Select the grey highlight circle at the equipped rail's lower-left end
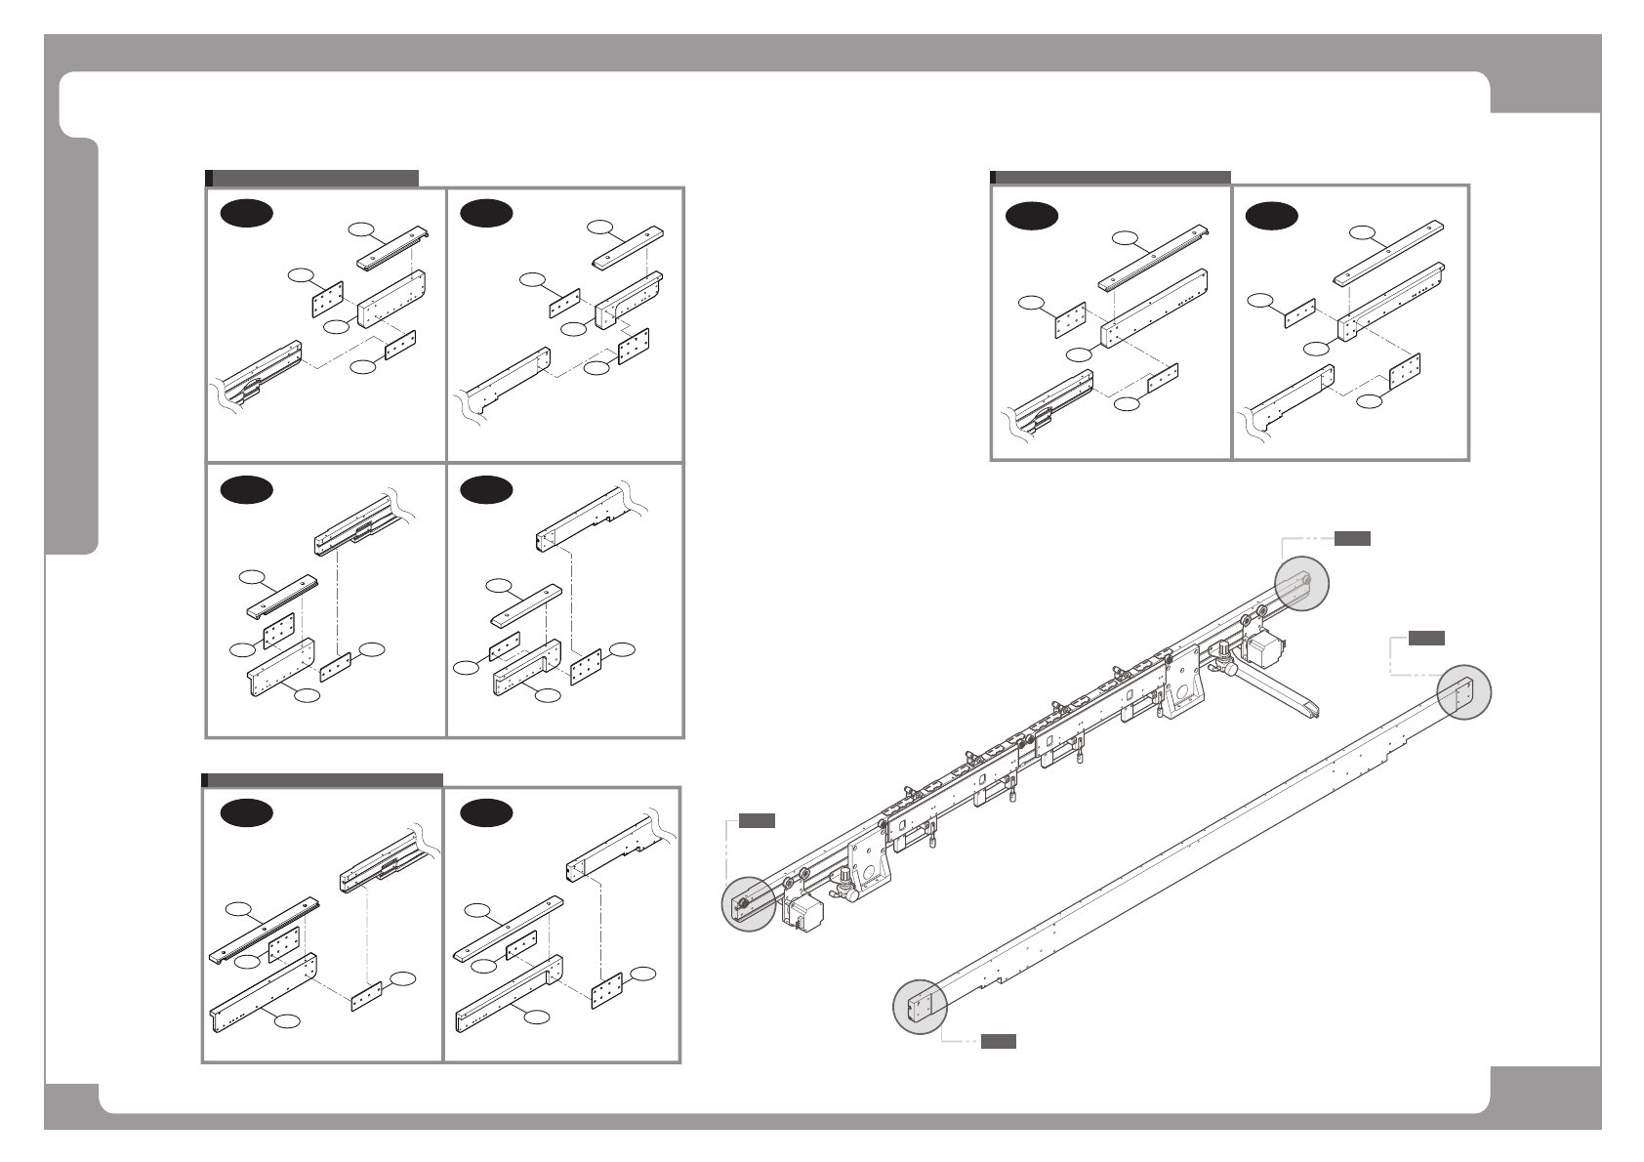point(749,903)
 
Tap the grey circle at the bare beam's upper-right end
point(1464,692)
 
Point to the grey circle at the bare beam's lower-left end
point(921,1006)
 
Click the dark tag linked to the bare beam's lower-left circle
point(998,1042)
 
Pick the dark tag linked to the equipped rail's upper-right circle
point(1352,538)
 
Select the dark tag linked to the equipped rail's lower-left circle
point(757,820)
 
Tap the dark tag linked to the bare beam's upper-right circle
point(1426,639)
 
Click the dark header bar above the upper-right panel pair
point(1110,178)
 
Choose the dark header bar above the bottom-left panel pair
point(322,780)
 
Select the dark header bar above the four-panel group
point(312,178)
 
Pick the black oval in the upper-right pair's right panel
point(1272,215)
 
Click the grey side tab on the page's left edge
point(73,347)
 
